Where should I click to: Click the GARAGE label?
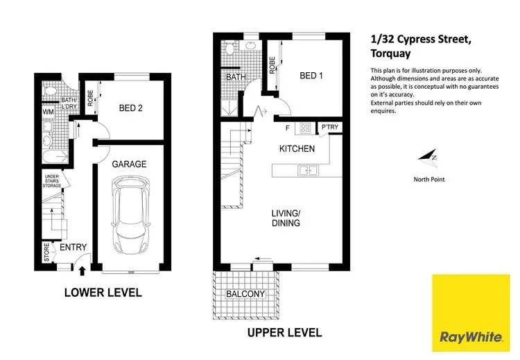tap(130, 164)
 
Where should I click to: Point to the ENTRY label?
tap(73, 248)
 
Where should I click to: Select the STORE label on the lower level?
tap(46, 252)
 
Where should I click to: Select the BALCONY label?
tap(245, 294)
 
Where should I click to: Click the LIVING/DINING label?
tap(285, 218)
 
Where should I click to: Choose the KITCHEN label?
tap(297, 148)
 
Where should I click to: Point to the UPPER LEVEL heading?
tap(284, 333)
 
